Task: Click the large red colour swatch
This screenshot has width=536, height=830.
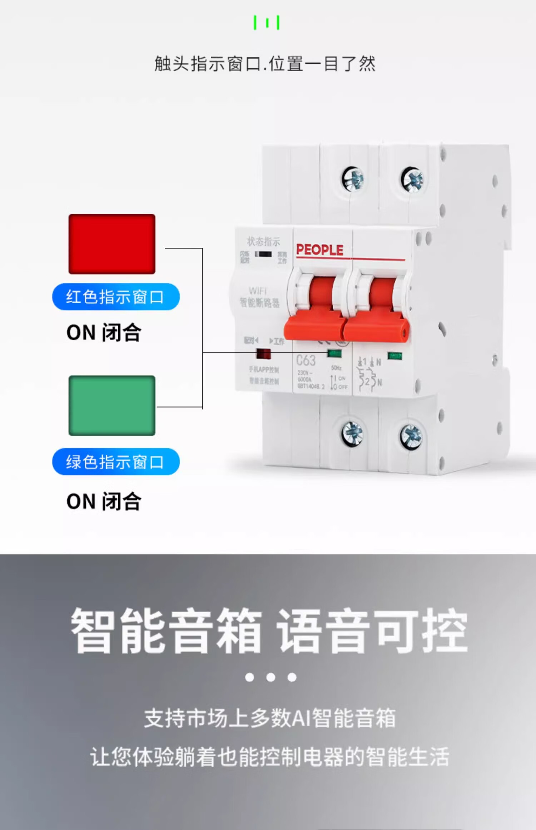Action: pyautogui.click(x=112, y=244)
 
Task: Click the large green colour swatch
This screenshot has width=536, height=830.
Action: pyautogui.click(x=112, y=405)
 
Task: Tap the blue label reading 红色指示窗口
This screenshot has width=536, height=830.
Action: pyautogui.click(x=116, y=297)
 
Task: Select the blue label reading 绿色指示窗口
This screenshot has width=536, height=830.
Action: pyautogui.click(x=116, y=461)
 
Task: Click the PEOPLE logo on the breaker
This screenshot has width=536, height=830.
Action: pyautogui.click(x=320, y=250)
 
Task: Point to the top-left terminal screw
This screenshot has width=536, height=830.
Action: pyautogui.click(x=353, y=179)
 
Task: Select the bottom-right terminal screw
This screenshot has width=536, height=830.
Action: pyautogui.click(x=411, y=436)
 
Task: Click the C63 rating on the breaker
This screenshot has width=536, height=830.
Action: pyautogui.click(x=306, y=360)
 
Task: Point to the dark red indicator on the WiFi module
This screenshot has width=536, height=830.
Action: pyautogui.click(x=264, y=354)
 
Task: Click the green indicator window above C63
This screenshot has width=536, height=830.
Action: pyautogui.click(x=334, y=354)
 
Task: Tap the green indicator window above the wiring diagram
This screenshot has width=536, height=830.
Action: pyautogui.click(x=394, y=356)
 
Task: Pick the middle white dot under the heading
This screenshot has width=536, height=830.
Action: pyautogui.click(x=271, y=677)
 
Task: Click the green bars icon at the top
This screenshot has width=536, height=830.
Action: pyautogui.click(x=267, y=23)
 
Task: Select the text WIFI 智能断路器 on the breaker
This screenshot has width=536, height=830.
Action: pyautogui.click(x=259, y=297)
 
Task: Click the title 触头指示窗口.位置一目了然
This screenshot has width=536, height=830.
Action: pyautogui.click(x=265, y=64)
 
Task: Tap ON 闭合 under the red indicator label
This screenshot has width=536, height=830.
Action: pyautogui.click(x=104, y=332)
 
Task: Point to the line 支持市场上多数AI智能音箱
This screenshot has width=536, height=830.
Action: pyautogui.click(x=270, y=718)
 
